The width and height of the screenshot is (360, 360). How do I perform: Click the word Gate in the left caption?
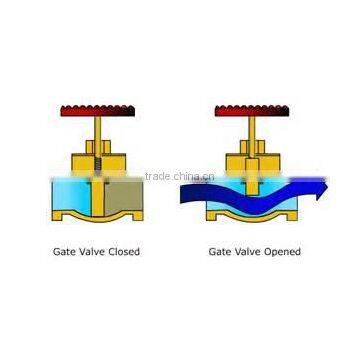pyautogui.click(x=63, y=252)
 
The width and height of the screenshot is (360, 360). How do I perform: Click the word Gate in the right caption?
pyautogui.click(x=219, y=252)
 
